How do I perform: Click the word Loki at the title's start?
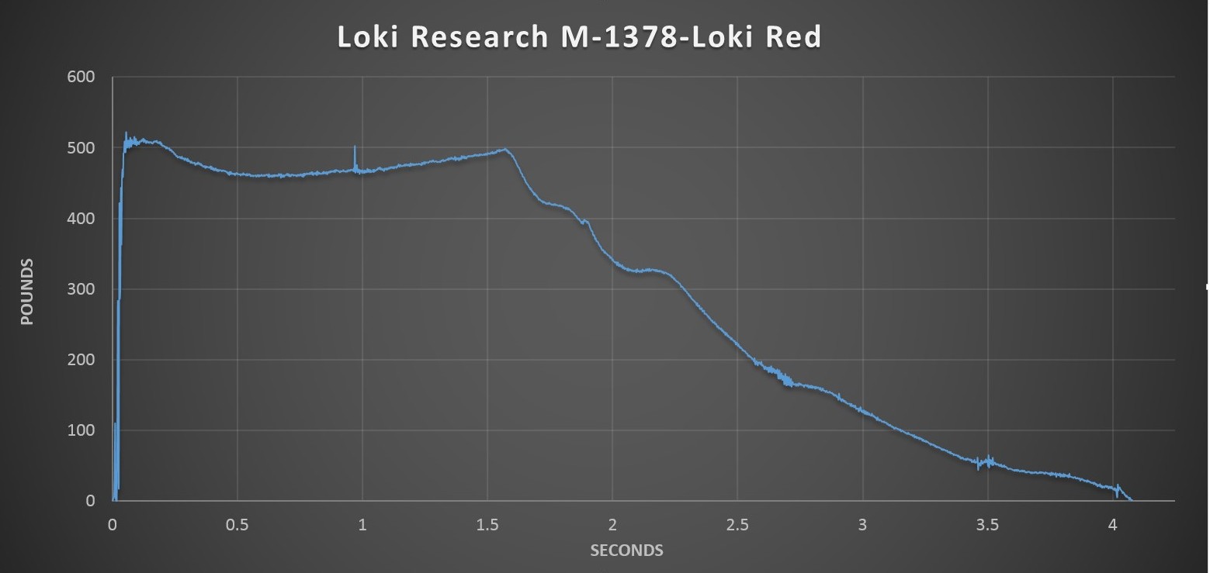coord(368,37)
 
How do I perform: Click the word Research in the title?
coord(479,37)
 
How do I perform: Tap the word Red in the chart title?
coord(792,37)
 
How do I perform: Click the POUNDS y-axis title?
coord(27,292)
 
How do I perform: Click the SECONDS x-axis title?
coord(626,551)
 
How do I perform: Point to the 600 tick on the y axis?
coord(80,77)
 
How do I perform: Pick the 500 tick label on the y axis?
coord(80,147)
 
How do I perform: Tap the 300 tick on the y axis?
coord(80,289)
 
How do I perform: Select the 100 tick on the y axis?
coord(80,430)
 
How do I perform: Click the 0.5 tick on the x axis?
coord(237,525)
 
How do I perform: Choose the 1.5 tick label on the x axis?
coord(487,525)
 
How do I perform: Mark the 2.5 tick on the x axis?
coord(737,525)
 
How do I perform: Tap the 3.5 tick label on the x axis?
coord(987,525)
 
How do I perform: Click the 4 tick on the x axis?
coord(1112,525)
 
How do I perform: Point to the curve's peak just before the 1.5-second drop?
coord(505,149)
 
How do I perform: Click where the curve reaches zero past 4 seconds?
coord(1131,500)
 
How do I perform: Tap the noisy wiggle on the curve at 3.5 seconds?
coord(988,461)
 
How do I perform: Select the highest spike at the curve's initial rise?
coord(126,133)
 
